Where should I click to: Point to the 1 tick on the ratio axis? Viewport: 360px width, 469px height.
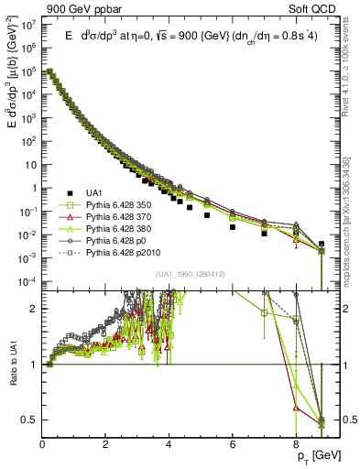(x=34, y=365)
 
